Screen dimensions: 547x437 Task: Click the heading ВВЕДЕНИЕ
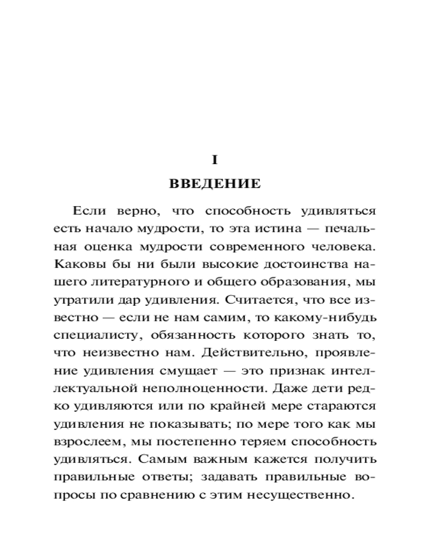coord(215,184)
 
